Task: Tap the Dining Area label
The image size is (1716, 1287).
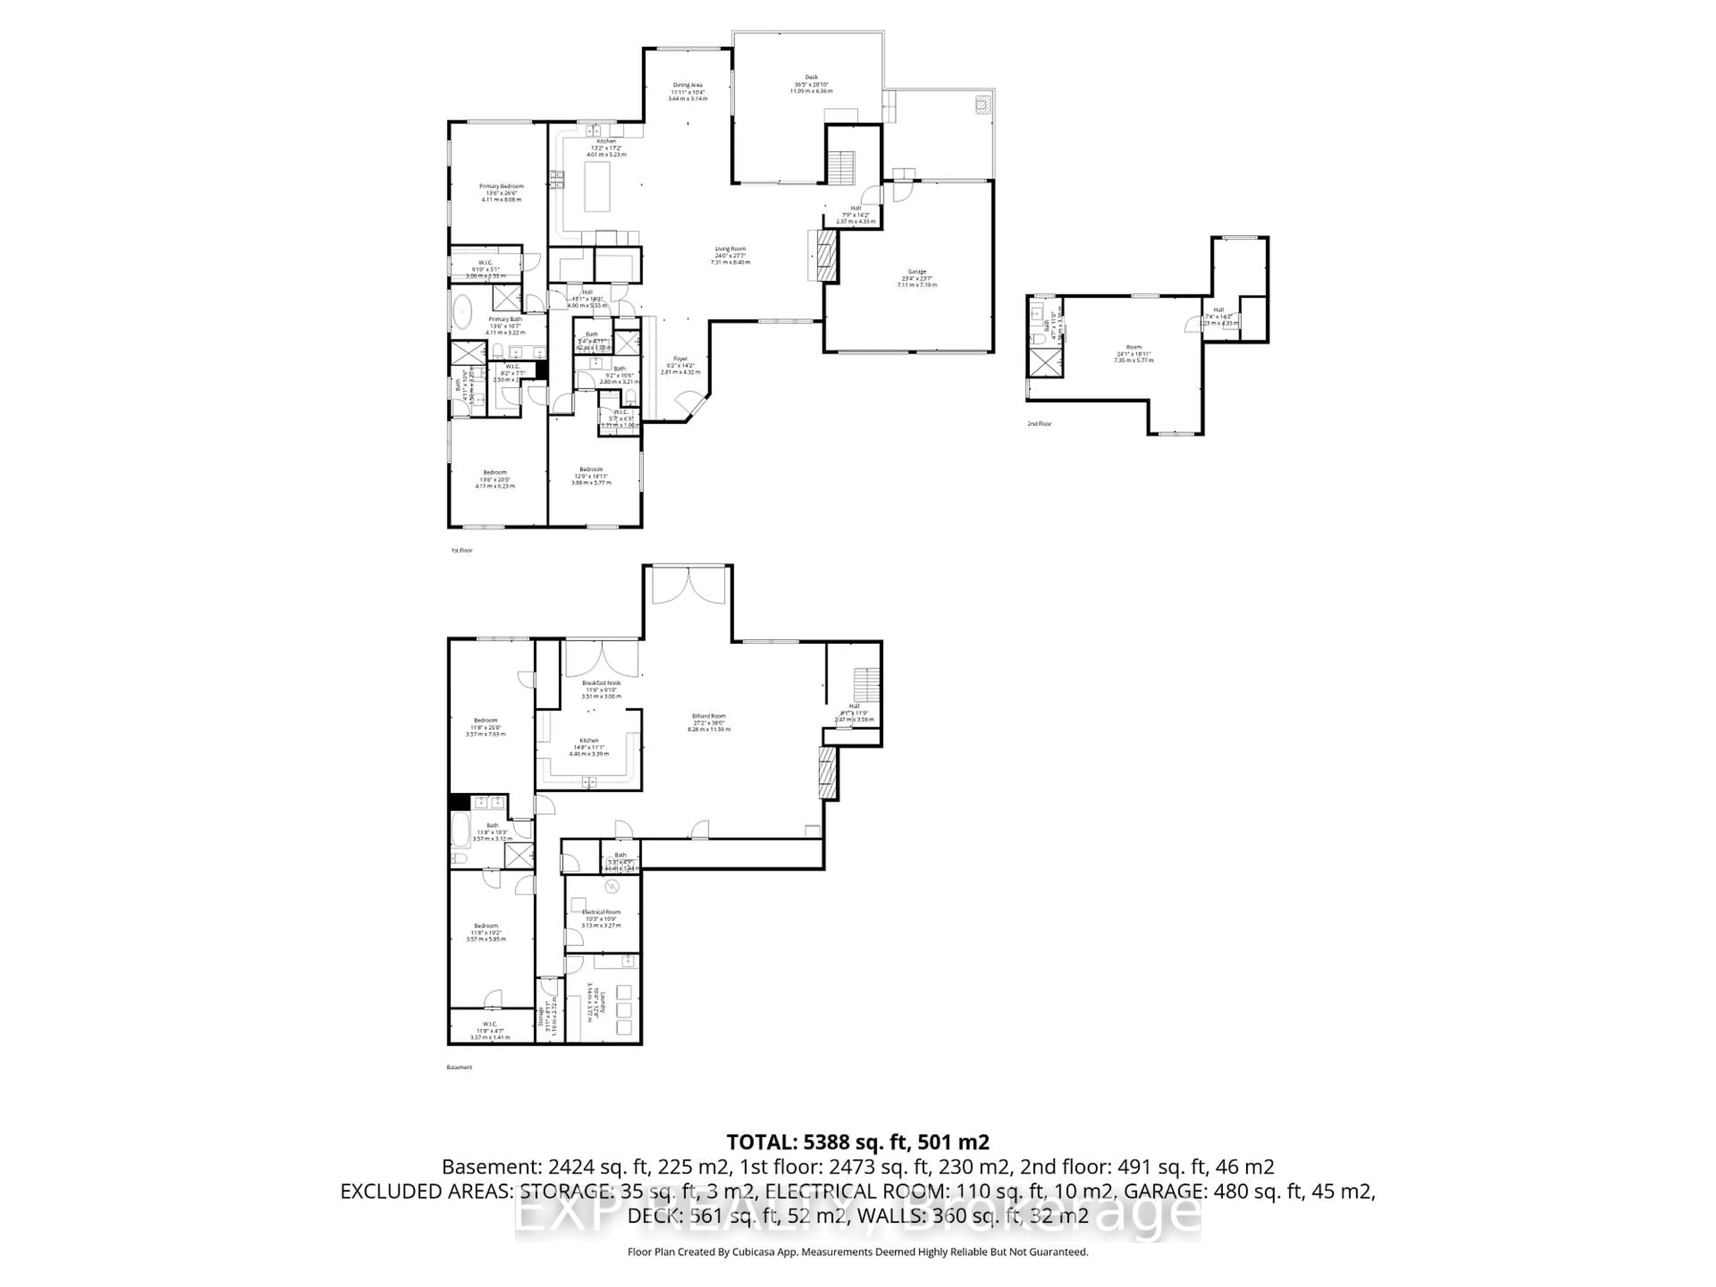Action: click(687, 85)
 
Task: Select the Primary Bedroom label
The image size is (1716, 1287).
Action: click(501, 186)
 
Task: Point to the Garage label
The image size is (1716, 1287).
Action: click(917, 272)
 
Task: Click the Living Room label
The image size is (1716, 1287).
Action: click(730, 249)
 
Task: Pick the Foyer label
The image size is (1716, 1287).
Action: click(680, 358)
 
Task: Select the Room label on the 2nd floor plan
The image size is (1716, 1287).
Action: click(1133, 347)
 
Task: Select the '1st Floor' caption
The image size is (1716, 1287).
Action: click(462, 550)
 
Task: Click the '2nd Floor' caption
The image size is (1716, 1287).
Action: click(1039, 424)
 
